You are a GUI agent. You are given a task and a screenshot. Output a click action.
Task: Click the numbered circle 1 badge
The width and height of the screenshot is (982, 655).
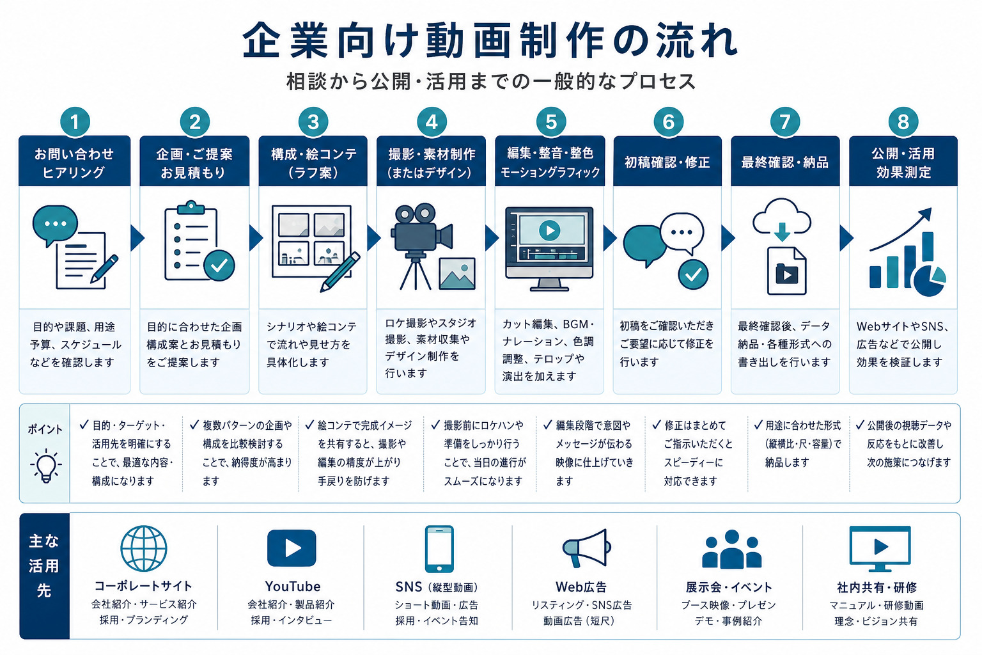click(75, 122)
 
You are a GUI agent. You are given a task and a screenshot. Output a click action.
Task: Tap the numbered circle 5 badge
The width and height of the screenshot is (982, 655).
click(550, 122)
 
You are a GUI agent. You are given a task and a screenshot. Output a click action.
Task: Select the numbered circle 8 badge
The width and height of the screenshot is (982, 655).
click(903, 122)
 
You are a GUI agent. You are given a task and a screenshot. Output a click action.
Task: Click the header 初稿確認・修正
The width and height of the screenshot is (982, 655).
click(667, 162)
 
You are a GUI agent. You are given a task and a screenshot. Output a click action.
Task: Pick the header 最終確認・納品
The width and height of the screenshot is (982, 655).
click(784, 162)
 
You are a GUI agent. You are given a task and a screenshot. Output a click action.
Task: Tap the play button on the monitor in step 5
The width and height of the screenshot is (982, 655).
click(549, 230)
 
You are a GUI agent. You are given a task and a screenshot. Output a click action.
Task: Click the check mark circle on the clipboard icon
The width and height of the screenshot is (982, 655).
click(219, 265)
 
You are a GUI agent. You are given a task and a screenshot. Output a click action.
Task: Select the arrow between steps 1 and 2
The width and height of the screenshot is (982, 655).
click(137, 238)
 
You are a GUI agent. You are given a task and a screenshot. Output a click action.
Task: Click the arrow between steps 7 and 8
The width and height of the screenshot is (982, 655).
click(846, 238)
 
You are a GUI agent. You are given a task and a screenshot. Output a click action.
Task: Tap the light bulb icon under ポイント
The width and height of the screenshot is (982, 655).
click(45, 466)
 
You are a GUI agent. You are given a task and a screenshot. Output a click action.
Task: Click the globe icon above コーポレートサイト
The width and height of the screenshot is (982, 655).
click(144, 548)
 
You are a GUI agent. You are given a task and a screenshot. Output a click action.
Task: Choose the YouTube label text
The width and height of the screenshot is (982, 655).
click(292, 586)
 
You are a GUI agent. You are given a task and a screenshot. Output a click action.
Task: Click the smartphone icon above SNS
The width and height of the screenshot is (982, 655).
click(439, 549)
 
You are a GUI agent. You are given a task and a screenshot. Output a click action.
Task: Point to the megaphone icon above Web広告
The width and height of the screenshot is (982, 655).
click(586, 548)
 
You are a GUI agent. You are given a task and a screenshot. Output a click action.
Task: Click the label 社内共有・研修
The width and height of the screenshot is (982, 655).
click(877, 587)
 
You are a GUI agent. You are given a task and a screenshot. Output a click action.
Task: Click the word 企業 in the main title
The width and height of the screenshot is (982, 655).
click(285, 41)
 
